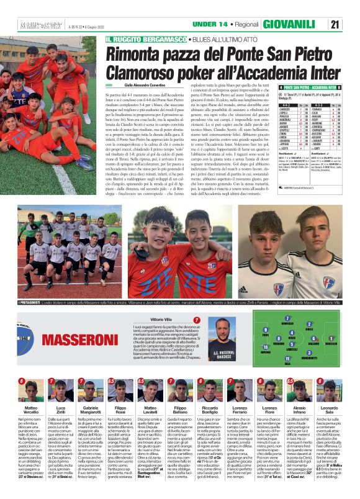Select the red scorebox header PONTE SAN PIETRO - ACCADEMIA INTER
(x=310, y=88)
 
